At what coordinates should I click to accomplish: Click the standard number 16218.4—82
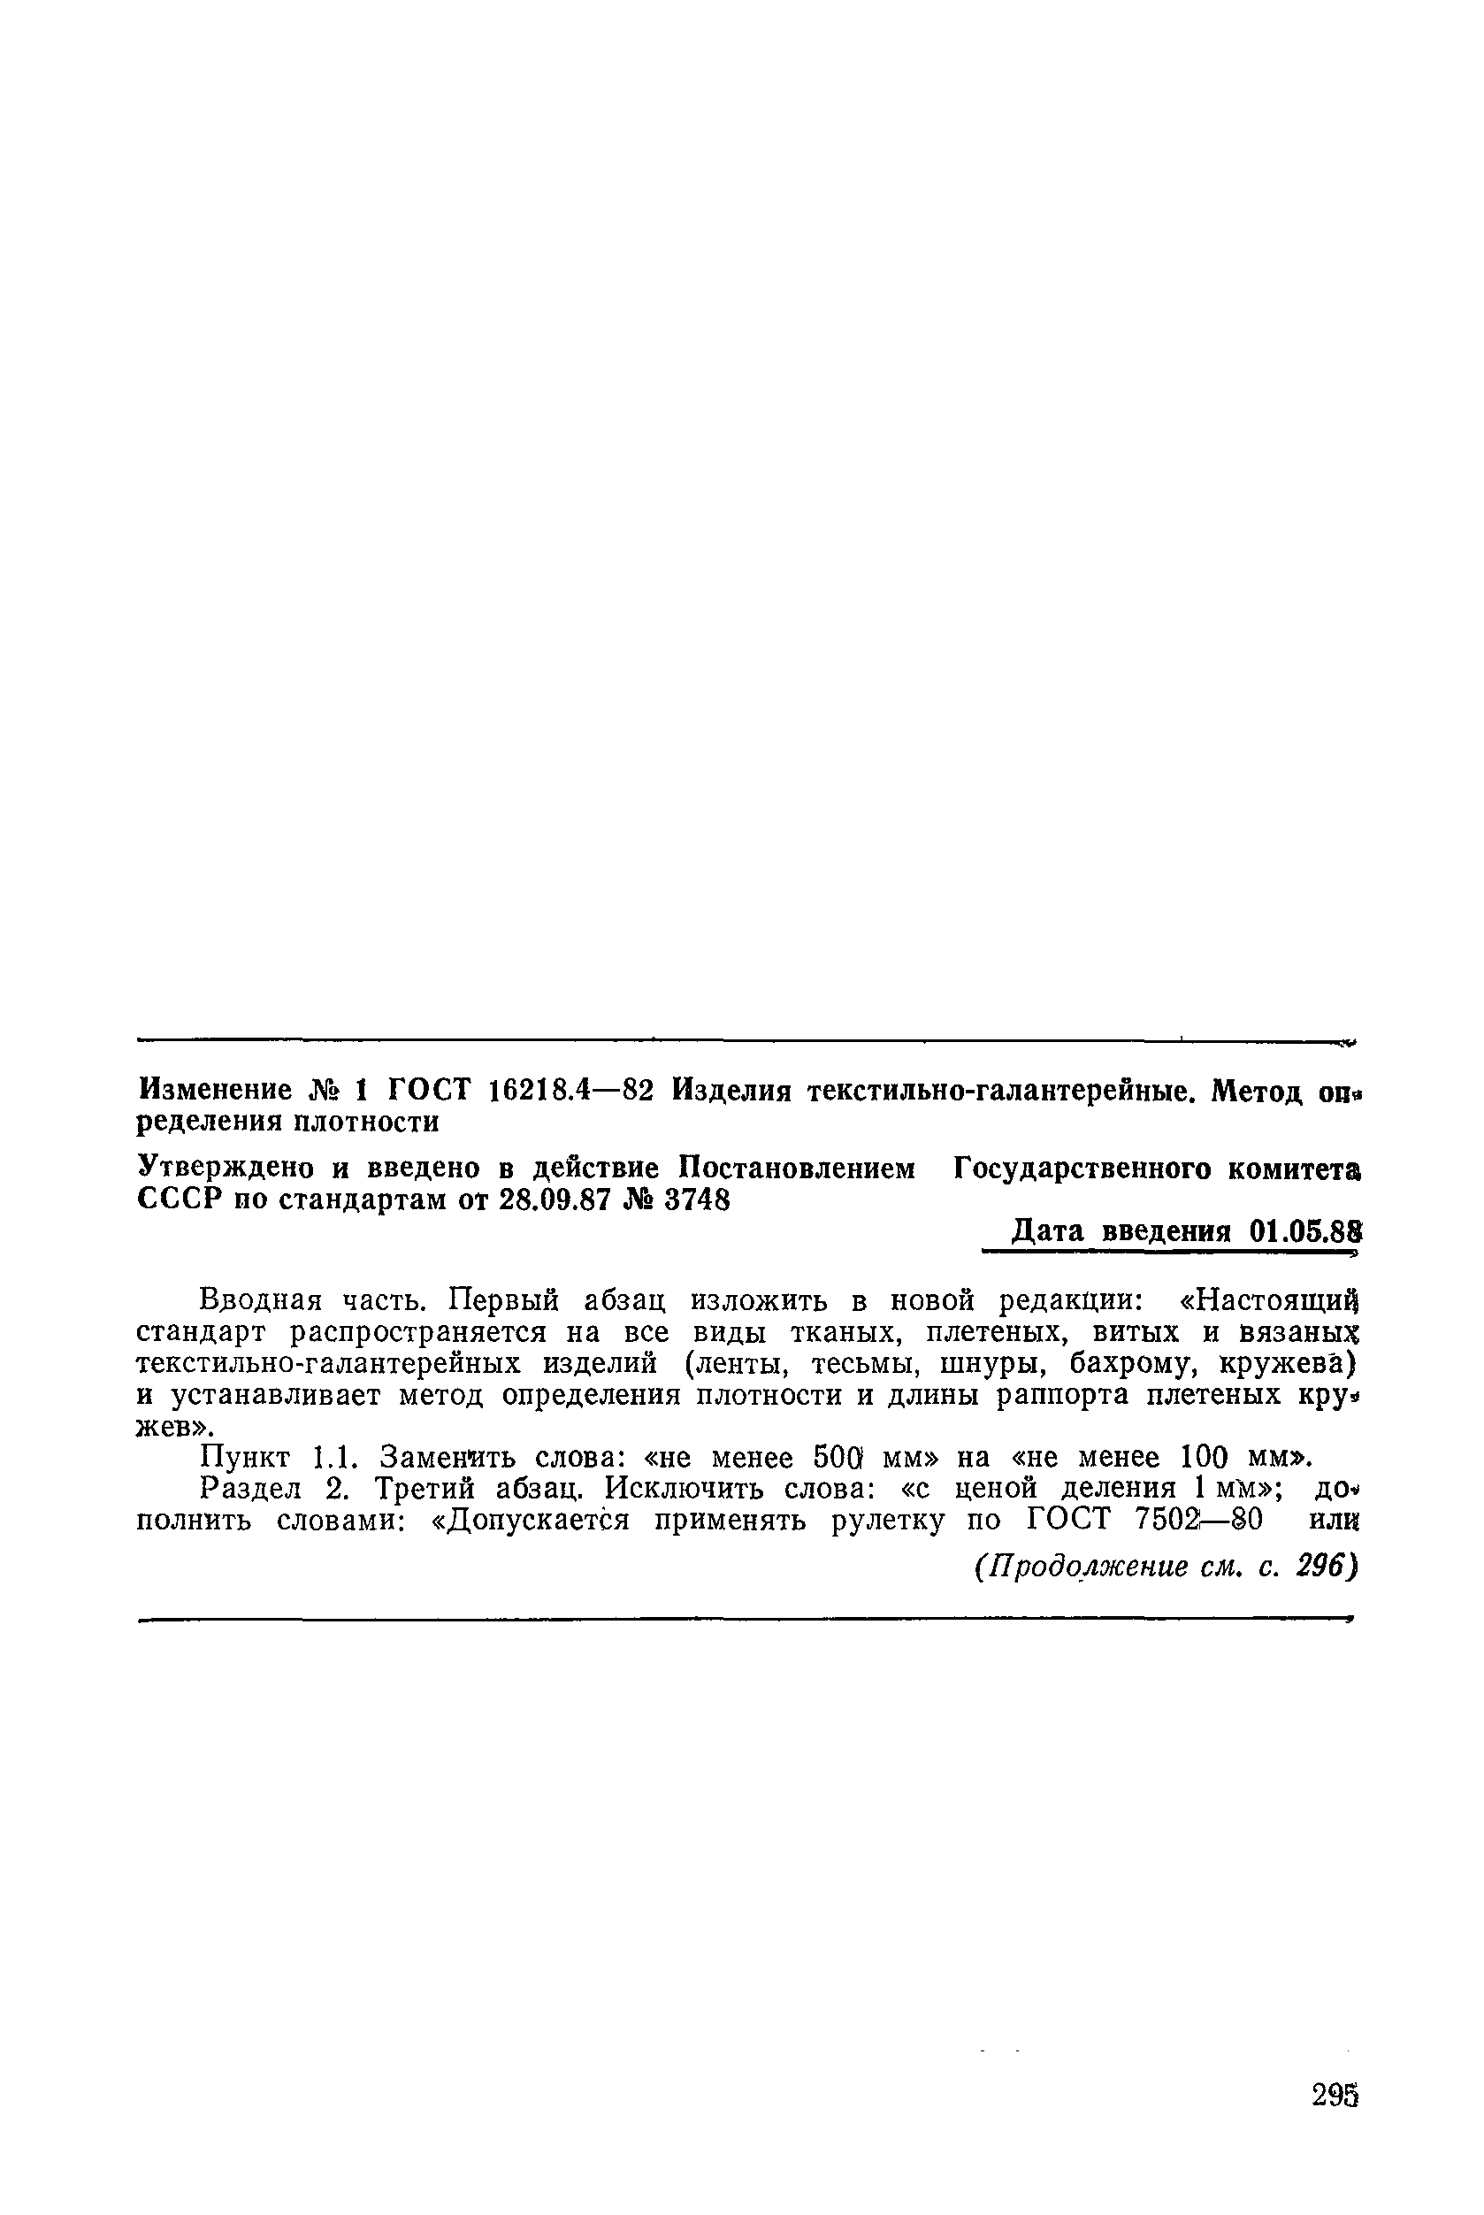570,1091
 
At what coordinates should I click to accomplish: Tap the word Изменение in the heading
214,1091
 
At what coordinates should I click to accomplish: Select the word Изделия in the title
731,1091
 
